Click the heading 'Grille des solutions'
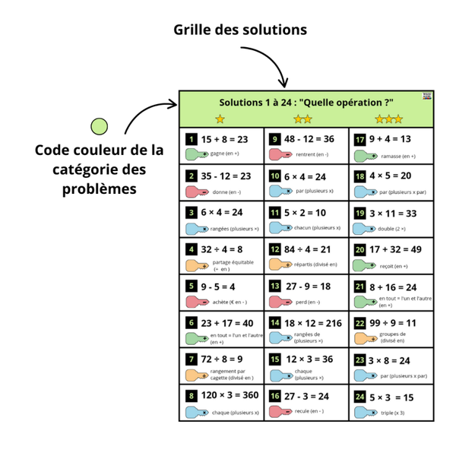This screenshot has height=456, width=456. (x=240, y=30)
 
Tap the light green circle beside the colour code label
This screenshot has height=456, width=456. (x=99, y=126)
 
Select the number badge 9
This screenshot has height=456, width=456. (x=274, y=139)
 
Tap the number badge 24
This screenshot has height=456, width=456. (x=359, y=397)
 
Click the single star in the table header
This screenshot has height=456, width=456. (x=220, y=119)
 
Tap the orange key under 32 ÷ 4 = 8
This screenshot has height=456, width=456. (x=197, y=264)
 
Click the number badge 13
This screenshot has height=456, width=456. (x=274, y=286)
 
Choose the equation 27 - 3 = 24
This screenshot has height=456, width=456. (x=308, y=396)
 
